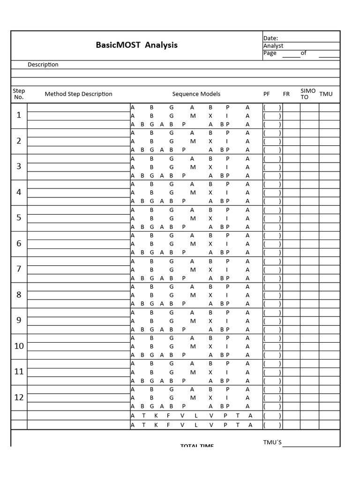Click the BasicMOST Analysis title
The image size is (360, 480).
tap(136, 45)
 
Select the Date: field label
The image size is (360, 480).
tap(270, 38)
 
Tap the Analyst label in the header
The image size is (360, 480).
tap(273, 46)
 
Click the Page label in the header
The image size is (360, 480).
tap(270, 53)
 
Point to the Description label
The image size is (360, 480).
tap(43, 65)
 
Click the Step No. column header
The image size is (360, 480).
tap(19, 94)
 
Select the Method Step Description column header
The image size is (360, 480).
tap(78, 94)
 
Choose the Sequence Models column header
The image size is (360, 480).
tap(196, 94)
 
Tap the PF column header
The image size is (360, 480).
tap(267, 94)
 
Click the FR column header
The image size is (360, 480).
tap(286, 94)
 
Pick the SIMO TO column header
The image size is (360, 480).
tap(308, 94)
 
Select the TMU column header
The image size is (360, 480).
tap(326, 94)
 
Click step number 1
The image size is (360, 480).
tap(19, 115)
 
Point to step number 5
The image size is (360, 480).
tap(19, 218)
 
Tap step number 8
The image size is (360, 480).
tap(19, 295)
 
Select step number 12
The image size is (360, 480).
tap(19, 397)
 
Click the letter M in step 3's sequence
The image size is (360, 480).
tap(192, 167)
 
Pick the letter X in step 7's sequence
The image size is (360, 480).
tap(210, 270)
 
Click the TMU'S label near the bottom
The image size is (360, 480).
tap(272, 442)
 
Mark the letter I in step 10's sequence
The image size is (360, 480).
tap(227, 346)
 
